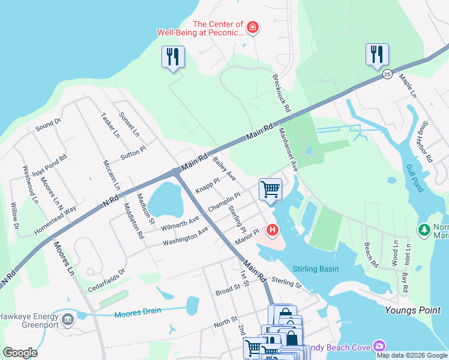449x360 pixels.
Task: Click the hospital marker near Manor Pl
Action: coord(273,229)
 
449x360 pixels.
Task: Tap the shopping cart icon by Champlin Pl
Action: coord(270,190)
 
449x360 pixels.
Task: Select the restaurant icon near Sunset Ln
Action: coord(173,57)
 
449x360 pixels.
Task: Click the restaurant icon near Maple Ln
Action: coord(377,54)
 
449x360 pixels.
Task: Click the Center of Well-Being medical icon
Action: coord(253,27)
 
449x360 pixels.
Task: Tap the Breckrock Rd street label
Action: coord(281,94)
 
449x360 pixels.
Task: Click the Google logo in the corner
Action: coord(20,353)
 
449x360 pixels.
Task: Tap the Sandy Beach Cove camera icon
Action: coord(379,346)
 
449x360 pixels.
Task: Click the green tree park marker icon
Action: coord(424,229)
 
